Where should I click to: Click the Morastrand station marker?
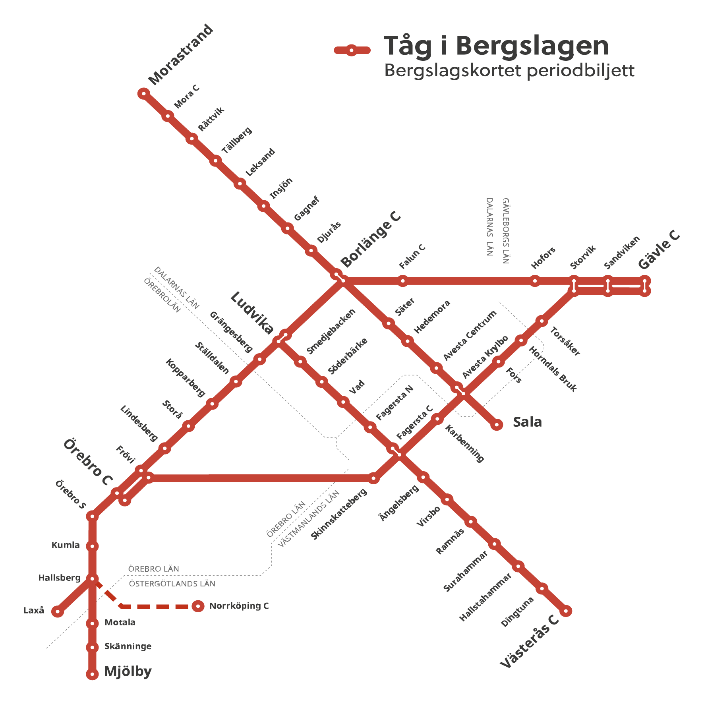coord(143,94)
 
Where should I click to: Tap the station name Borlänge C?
coord(371,240)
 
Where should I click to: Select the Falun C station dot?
coord(403,281)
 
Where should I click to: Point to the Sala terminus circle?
coord(497,425)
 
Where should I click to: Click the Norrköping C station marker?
coord(198,606)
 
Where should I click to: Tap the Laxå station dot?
coord(58,611)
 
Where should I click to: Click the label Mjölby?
coord(128,671)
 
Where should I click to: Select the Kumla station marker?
coord(92,546)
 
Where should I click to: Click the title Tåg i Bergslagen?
coord(496,46)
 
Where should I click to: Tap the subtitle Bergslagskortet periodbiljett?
coord(509,71)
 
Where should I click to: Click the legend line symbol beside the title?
coord(352,50)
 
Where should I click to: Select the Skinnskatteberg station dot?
coord(373,478)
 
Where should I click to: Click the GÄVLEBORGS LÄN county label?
coord(505,231)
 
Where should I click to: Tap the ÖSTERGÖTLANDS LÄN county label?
coord(172,584)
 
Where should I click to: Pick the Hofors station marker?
coord(535,281)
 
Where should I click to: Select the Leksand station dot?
coord(240,184)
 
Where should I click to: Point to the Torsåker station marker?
coord(542,321)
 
